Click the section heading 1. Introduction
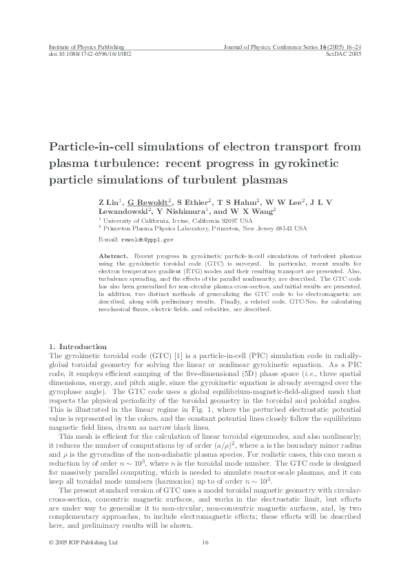coord(76,346)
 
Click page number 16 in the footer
coord(205,542)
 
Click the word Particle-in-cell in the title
coord(92,147)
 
